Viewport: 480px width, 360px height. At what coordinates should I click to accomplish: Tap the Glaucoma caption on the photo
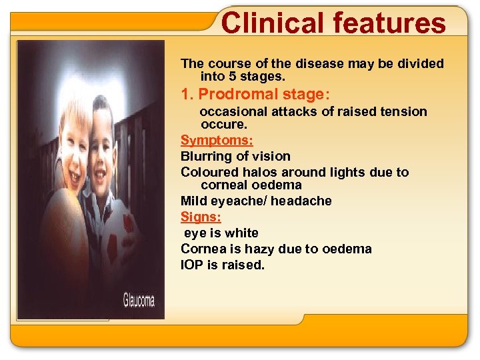tap(139, 299)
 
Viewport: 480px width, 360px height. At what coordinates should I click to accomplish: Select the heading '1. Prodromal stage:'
tap(256, 94)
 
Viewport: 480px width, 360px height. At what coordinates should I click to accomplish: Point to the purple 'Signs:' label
tap(201, 217)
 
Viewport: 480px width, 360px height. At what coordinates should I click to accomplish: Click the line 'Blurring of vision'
tap(235, 156)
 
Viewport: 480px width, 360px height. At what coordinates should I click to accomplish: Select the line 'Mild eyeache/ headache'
tap(256, 201)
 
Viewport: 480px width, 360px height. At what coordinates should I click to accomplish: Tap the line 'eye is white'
tap(221, 233)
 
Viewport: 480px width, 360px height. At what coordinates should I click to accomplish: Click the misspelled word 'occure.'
tap(223, 124)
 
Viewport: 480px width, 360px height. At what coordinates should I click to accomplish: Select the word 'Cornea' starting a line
tap(202, 249)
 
